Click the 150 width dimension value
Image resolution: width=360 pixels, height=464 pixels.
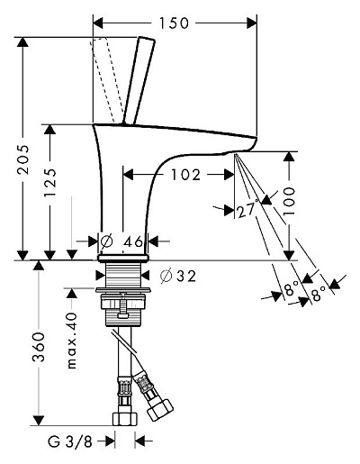point(174,23)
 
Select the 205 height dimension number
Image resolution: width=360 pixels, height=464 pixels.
point(23,159)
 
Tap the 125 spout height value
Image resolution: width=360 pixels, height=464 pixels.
point(50,182)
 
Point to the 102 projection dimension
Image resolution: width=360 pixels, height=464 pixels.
point(185,175)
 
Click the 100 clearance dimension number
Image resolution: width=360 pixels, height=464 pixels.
point(289,201)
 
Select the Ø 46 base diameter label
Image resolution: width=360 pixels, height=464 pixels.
point(121,241)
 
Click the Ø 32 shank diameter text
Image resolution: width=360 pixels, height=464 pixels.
point(178,276)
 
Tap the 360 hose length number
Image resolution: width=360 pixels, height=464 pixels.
point(39,347)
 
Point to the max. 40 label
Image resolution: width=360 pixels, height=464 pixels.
point(72,341)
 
